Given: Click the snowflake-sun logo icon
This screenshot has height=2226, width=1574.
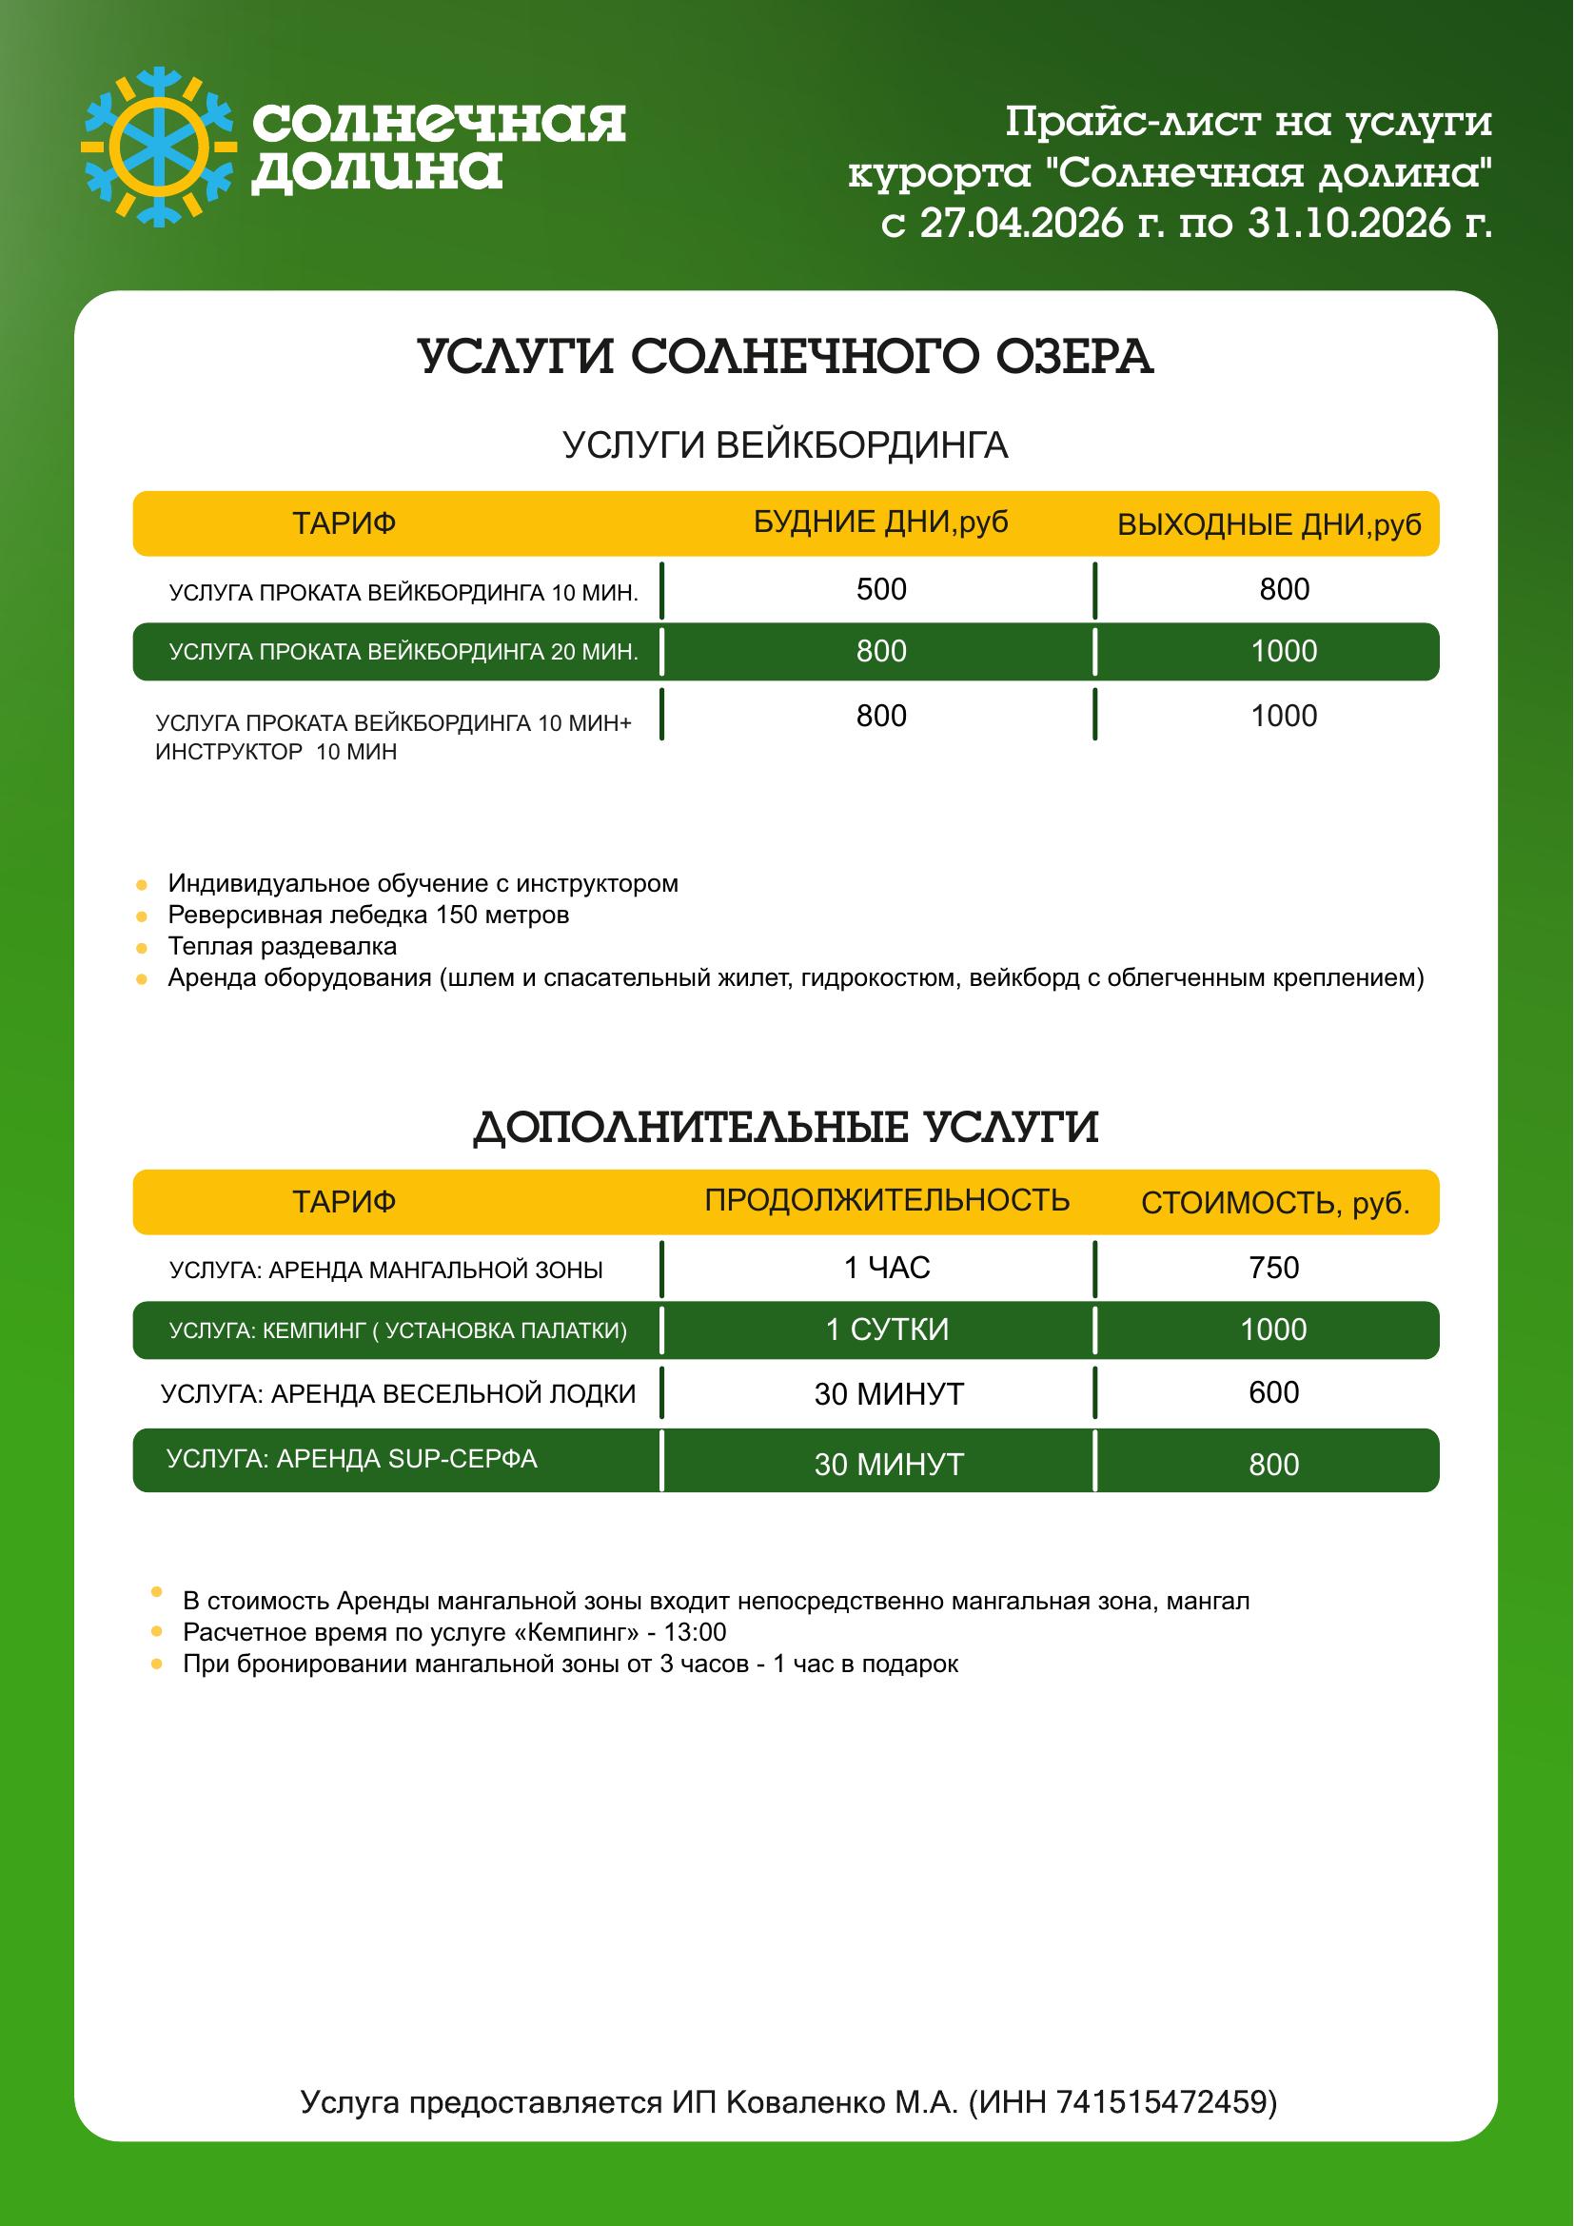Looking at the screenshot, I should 158,148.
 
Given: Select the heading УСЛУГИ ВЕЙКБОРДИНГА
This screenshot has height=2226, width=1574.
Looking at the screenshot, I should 785,445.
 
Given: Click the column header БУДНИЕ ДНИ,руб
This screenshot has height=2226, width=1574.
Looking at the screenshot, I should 880,522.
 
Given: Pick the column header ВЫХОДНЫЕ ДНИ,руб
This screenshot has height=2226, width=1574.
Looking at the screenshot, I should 1269,524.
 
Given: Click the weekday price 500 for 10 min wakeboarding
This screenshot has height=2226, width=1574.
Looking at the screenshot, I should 881,589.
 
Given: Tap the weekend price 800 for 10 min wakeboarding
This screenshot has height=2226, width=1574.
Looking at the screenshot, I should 1283,589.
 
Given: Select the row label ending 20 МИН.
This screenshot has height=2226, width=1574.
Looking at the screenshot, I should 403,652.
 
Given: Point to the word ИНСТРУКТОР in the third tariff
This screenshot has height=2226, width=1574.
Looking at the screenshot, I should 228,753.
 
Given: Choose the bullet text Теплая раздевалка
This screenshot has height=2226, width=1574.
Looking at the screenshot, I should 282,946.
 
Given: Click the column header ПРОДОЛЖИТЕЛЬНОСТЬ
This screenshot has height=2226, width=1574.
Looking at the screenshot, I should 886,1200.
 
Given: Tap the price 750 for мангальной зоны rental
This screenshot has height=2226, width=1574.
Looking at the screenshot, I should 1273,1268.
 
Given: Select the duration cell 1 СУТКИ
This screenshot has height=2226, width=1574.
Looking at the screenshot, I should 886,1330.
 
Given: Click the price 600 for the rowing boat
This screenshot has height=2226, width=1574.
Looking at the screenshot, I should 1273,1392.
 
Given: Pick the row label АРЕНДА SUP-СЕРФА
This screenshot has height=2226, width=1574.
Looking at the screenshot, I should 351,1459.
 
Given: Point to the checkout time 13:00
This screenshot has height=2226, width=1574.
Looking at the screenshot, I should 695,1633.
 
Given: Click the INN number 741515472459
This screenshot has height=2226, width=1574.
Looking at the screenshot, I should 1160,2103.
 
